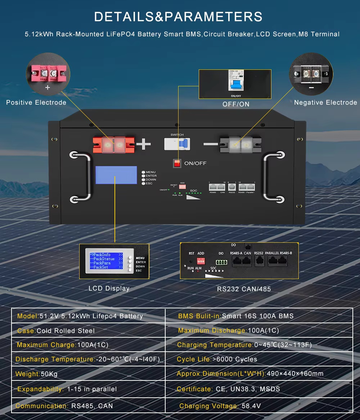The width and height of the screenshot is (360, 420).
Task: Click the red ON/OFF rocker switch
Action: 177,163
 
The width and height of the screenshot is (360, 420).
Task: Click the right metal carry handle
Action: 274,176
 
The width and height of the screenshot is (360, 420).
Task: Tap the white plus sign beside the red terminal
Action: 143,144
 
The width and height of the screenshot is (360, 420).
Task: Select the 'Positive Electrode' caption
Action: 36,102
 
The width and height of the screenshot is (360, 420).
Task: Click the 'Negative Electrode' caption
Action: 325,102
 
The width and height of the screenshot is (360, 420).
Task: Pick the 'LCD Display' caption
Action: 109,288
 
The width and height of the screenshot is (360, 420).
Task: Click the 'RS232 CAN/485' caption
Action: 244,289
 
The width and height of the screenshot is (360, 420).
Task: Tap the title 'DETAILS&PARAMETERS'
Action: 178,17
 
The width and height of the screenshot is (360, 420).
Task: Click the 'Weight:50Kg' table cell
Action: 36,374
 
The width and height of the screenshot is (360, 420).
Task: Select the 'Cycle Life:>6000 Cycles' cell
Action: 217,359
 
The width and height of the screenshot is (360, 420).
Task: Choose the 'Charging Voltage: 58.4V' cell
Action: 220,406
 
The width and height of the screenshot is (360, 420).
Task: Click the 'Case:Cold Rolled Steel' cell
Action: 56,331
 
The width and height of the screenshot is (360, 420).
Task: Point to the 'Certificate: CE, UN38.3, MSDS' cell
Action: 228,389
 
